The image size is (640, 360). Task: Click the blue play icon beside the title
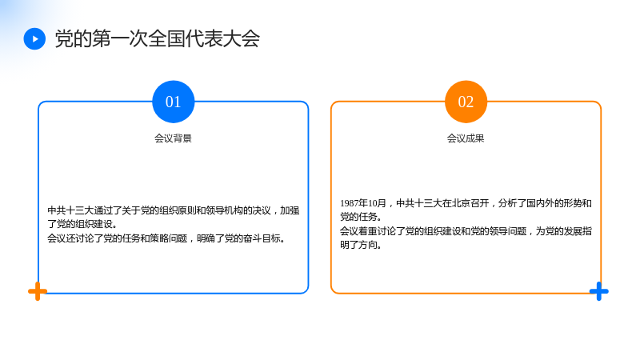point(34,38)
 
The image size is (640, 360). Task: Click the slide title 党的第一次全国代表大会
point(157,38)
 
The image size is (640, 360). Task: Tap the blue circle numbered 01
point(174,102)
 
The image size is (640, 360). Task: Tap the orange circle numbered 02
point(466,102)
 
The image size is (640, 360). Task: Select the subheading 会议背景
point(173,138)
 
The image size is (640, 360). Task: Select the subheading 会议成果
point(466,138)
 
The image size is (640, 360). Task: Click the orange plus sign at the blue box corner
point(38,291)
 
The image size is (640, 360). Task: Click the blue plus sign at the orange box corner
point(598,291)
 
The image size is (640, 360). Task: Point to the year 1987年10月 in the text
point(363,203)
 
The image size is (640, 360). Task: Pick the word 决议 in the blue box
point(262,210)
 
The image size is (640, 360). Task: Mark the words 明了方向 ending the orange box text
point(358,245)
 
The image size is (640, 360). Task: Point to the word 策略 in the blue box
point(158,238)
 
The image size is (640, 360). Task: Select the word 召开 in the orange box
point(480,203)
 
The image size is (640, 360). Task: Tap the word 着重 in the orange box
point(368,231)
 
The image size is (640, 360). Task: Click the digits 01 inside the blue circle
point(173,102)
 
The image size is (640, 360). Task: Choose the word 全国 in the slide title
point(166,38)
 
